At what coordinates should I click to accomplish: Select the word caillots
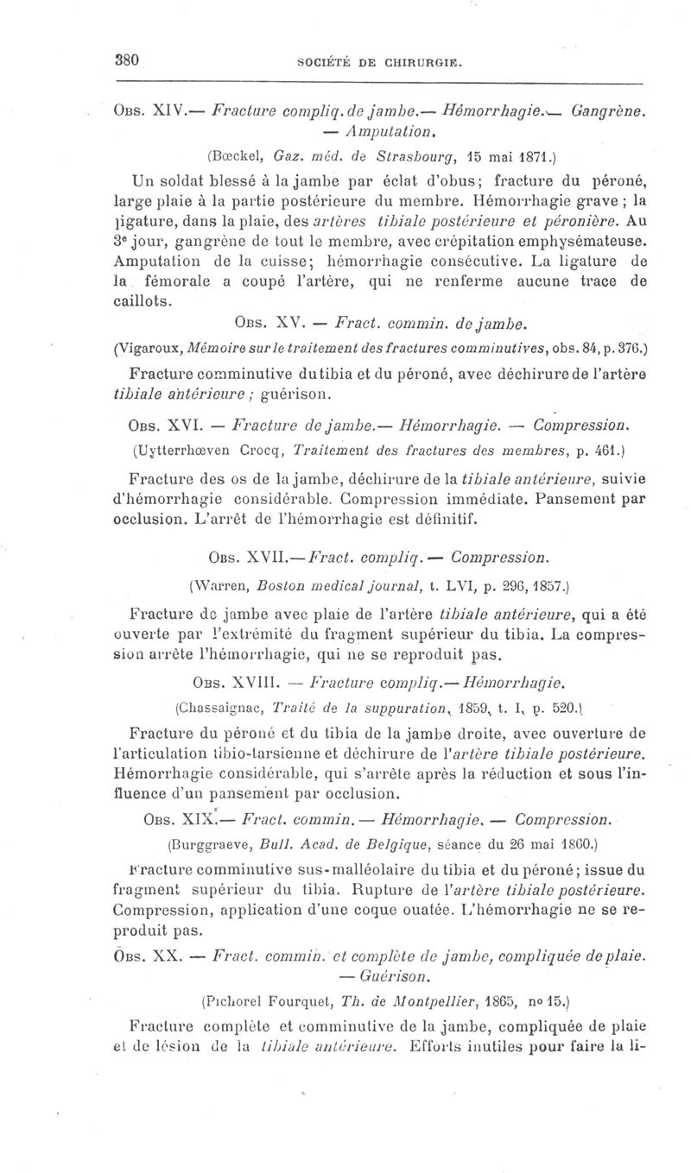point(143,301)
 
